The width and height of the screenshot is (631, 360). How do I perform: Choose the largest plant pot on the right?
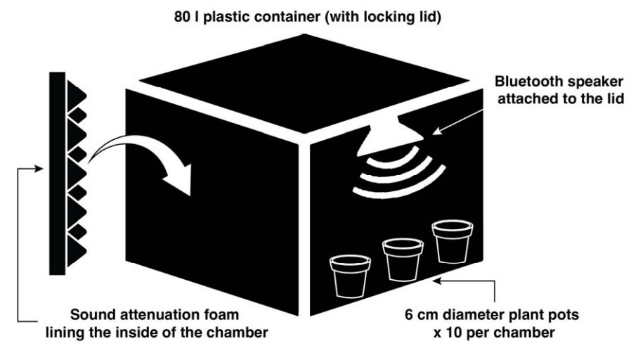[x=450, y=241]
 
